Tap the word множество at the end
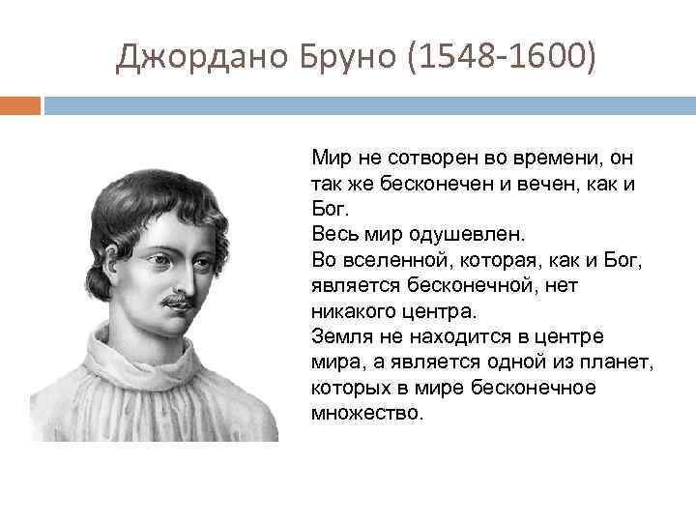(x=367, y=414)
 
